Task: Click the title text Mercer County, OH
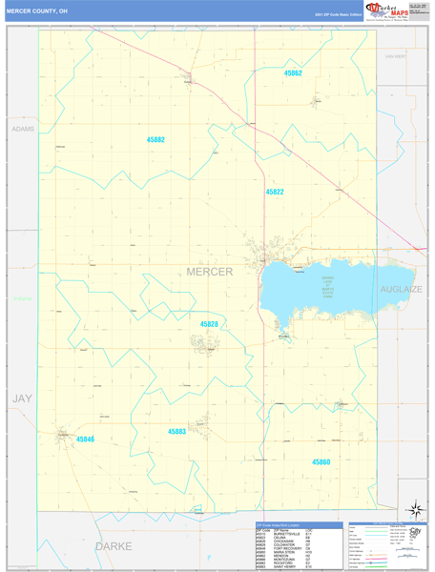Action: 37,11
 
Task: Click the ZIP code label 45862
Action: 293,73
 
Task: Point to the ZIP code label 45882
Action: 155,140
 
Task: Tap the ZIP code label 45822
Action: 275,192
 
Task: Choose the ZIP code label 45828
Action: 209,324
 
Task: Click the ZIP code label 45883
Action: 177,431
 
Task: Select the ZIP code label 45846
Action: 85,439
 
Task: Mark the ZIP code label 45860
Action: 321,461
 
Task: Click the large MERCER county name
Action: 208,273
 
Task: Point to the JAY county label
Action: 21,398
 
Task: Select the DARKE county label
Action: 113,546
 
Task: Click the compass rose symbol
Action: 413,510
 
